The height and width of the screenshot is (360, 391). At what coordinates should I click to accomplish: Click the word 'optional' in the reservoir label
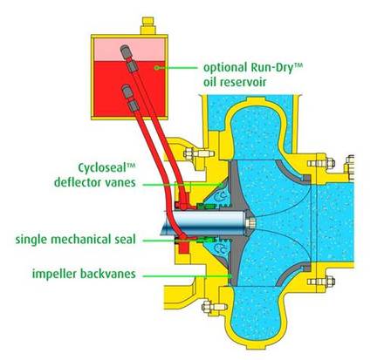(225, 68)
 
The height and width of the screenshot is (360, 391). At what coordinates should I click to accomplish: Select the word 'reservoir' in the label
(243, 82)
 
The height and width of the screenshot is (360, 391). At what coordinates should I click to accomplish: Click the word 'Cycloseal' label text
(103, 168)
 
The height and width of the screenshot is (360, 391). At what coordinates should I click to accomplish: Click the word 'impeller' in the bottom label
(54, 274)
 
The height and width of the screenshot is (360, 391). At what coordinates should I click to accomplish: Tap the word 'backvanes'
(108, 274)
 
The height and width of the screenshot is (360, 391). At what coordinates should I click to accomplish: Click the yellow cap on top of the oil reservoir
(147, 25)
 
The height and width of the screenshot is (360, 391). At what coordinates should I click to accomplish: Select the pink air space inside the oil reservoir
(129, 50)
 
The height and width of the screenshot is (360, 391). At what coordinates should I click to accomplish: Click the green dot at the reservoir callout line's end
(157, 67)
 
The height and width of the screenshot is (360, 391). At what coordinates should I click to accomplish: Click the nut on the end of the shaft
(250, 223)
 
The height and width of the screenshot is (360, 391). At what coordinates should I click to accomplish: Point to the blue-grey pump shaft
(203, 223)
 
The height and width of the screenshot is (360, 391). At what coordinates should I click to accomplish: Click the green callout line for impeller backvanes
(187, 275)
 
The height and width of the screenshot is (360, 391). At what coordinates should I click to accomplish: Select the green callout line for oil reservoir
(178, 67)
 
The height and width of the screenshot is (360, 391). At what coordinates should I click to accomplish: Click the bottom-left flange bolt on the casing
(214, 307)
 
